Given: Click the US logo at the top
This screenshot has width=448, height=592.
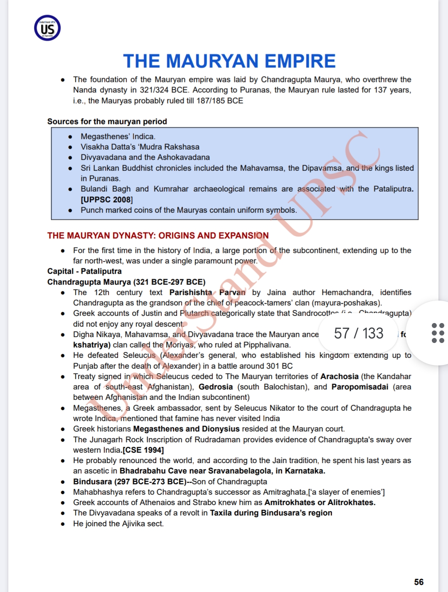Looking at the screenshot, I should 47,28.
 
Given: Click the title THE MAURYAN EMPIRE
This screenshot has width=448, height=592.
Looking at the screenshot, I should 229,61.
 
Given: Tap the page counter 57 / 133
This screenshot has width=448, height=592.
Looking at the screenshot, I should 358,333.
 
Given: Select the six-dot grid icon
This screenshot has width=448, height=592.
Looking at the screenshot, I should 438,333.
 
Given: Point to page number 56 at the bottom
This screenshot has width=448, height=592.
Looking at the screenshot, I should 419,582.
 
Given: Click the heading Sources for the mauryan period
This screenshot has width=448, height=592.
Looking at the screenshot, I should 107,121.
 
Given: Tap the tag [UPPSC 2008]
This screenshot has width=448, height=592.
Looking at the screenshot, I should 107,200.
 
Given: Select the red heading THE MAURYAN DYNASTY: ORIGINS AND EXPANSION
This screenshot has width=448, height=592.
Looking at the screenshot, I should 158,236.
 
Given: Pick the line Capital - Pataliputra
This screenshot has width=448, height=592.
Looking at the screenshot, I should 84,271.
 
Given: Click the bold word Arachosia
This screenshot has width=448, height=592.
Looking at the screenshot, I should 339,376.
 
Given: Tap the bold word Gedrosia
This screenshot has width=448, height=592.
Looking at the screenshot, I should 215,387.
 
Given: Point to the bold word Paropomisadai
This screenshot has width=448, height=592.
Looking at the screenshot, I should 360,387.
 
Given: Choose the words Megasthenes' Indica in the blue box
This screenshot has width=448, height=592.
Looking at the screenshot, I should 118,136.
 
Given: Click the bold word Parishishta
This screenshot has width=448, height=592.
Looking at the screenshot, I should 191,292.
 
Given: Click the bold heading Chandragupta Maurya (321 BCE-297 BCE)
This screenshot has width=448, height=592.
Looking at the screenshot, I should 126,282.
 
